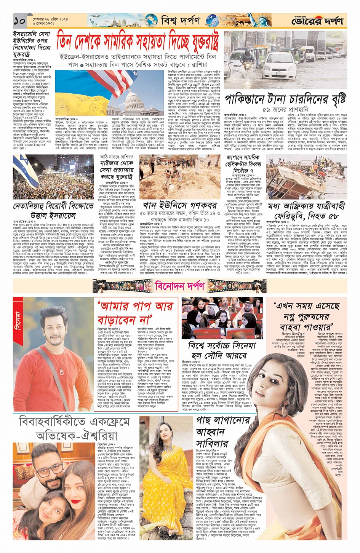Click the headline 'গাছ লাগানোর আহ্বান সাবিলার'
pyautogui.click(x=212, y=432)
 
